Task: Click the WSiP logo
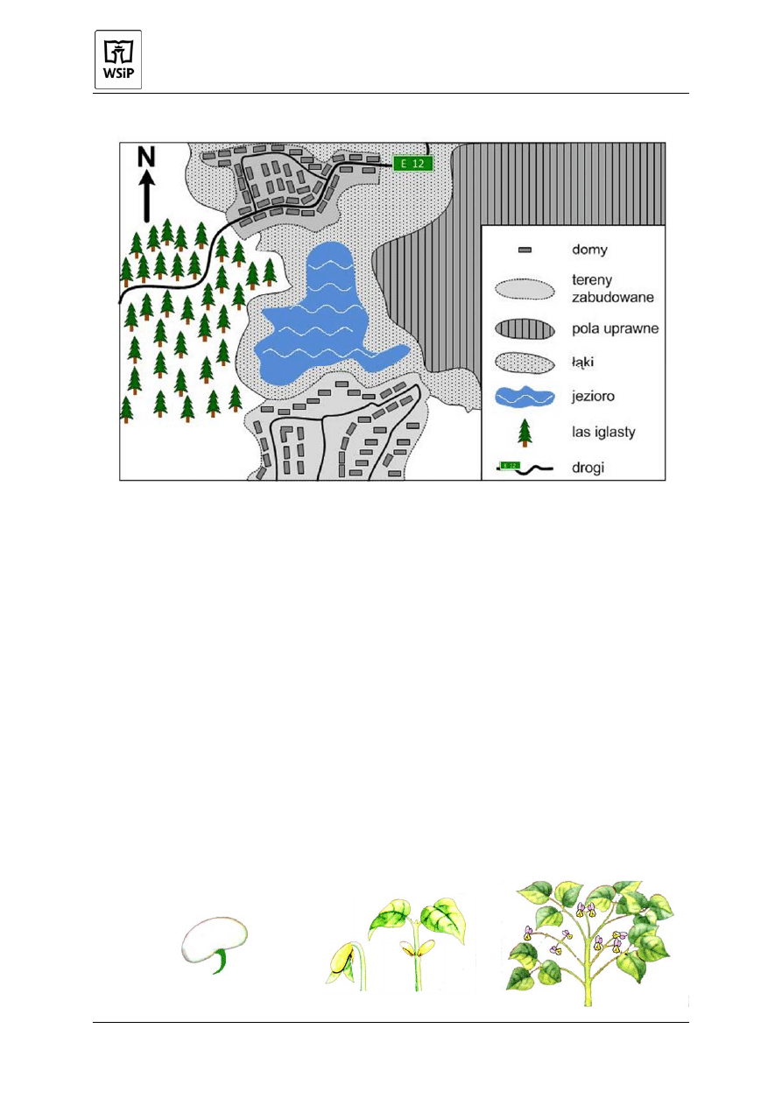[118, 60]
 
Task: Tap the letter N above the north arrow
[146, 158]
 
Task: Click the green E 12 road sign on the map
[412, 163]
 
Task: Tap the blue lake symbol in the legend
[525, 397]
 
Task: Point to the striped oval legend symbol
[525, 329]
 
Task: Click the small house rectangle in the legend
[525, 250]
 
